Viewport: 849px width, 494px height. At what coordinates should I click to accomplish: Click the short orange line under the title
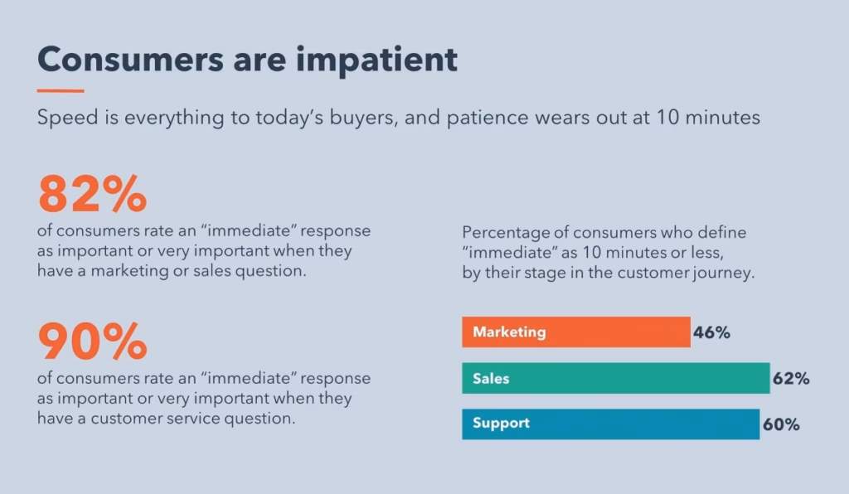tap(61, 90)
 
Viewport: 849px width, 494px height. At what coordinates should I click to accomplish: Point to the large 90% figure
tap(92, 341)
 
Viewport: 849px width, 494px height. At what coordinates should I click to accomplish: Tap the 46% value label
tap(711, 332)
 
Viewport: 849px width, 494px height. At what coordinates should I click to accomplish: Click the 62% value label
tap(791, 379)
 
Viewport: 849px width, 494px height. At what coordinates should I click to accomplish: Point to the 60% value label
tap(781, 424)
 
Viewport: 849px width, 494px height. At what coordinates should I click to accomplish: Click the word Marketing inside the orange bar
tap(509, 332)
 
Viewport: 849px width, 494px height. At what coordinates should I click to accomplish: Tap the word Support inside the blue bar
tap(501, 424)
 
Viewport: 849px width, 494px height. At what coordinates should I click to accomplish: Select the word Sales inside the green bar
tap(491, 379)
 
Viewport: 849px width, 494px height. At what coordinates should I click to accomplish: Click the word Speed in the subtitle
tap(65, 118)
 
